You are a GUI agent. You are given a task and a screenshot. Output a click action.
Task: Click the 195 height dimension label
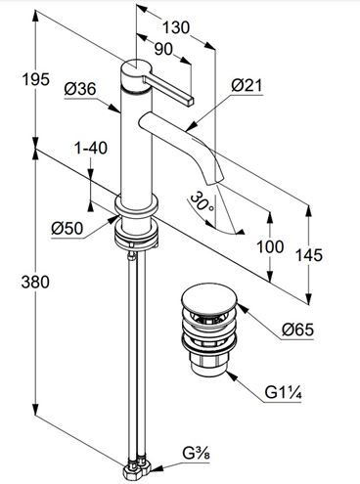[36, 79]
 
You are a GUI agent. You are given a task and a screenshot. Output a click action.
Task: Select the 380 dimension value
[35, 282]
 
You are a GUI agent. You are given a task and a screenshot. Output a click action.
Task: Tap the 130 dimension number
[176, 27]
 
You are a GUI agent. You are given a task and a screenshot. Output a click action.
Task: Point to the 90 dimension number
[163, 50]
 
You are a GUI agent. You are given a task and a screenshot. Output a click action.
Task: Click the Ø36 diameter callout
[80, 89]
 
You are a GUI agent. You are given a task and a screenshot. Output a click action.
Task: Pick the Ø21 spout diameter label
[247, 86]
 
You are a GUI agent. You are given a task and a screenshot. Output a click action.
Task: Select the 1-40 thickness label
[91, 149]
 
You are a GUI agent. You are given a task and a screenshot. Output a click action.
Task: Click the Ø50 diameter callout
[67, 229]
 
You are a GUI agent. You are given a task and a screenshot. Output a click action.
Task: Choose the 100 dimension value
[270, 246]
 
